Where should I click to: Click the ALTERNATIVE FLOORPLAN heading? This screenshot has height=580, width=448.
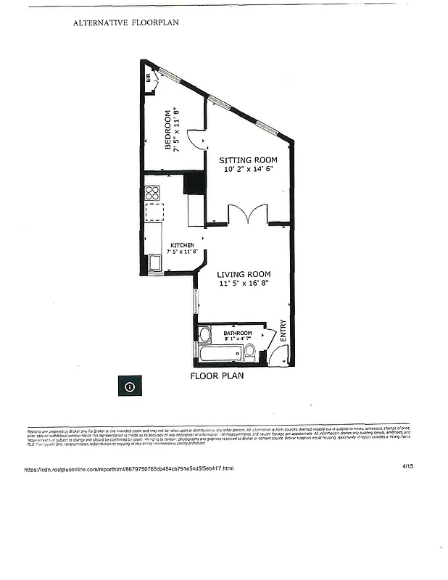125,22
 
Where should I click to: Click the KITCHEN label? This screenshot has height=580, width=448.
183,245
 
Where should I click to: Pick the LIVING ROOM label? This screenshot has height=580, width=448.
249,274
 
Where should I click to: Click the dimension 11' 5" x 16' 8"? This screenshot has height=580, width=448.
248,284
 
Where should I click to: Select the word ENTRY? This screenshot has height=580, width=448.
283,332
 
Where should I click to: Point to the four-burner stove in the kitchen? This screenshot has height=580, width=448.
152,193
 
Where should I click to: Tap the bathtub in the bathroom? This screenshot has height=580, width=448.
221,354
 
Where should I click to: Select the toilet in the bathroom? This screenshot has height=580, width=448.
250,352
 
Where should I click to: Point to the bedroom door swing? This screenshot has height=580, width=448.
194,139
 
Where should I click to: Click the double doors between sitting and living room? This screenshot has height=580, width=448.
249,215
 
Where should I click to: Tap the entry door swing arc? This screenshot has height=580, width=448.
274,355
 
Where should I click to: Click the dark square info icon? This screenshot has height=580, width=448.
129,386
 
